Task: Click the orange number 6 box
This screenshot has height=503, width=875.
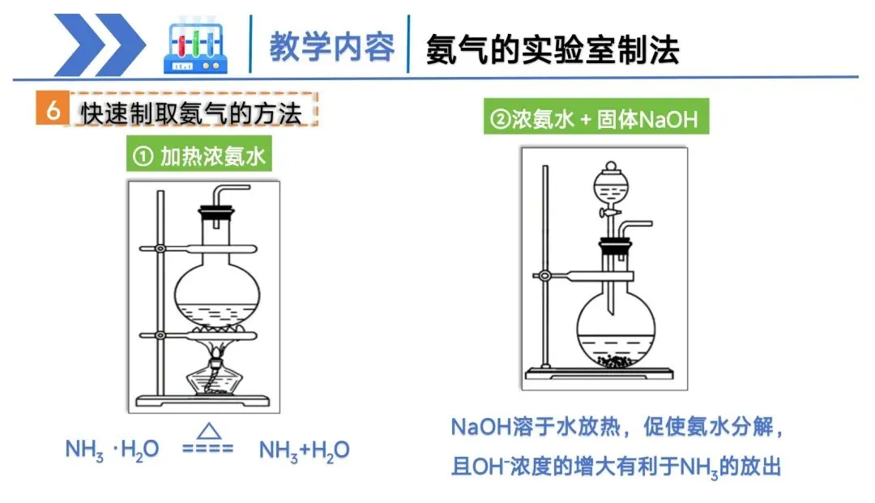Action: tap(53, 111)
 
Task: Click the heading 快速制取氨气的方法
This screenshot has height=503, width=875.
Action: tap(190, 113)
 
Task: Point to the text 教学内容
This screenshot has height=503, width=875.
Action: tap(332, 47)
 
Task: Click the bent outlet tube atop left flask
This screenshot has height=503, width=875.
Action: tap(230, 192)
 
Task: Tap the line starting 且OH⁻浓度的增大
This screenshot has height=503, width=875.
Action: tap(615, 467)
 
